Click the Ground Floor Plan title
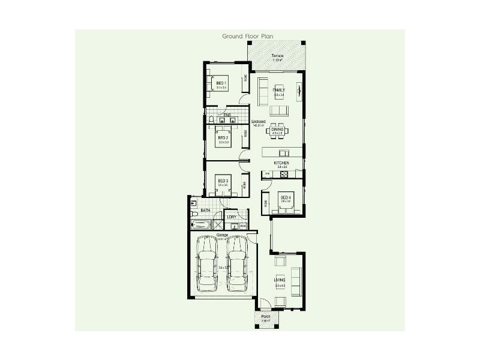click(x=248, y=36)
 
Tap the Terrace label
click(x=278, y=56)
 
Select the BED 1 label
click(x=221, y=83)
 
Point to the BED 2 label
click(x=223, y=137)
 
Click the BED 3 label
click(x=222, y=181)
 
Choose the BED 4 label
click(x=286, y=197)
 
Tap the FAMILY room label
click(x=278, y=90)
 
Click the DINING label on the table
click(x=277, y=128)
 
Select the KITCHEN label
click(x=281, y=163)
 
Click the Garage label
click(x=214, y=235)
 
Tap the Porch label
click(x=265, y=317)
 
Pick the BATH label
click(x=205, y=211)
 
